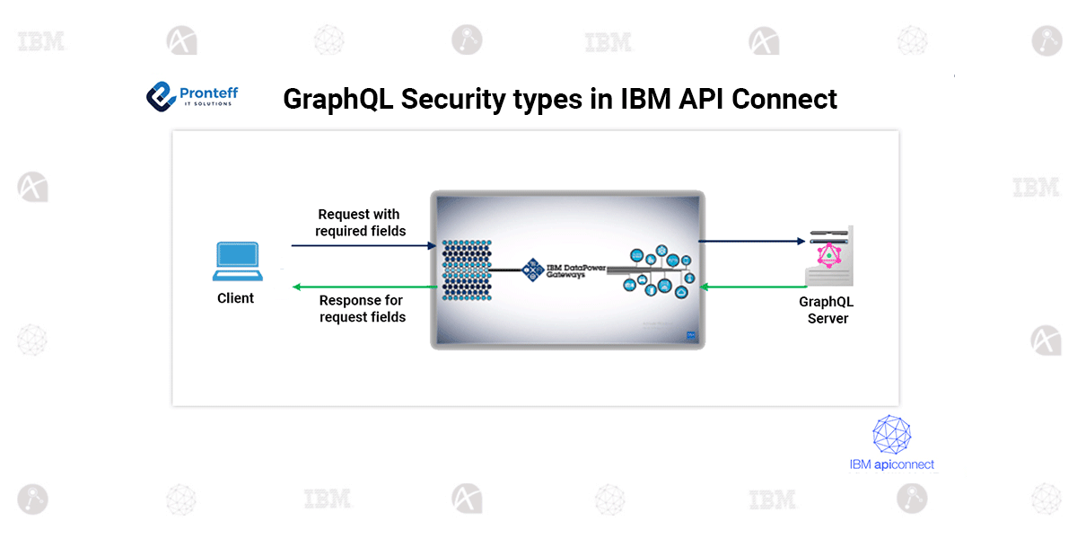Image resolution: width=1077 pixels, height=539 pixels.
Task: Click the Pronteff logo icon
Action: point(161,96)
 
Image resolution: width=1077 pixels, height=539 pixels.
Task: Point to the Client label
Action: point(236,298)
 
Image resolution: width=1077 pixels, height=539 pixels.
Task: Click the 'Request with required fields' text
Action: point(359,223)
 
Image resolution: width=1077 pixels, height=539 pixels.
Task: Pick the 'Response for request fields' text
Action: point(363,308)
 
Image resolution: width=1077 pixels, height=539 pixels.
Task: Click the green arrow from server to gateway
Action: point(750,287)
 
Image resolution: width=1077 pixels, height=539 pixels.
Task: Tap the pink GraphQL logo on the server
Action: point(829,257)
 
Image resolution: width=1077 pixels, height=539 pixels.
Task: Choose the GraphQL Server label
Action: point(827,310)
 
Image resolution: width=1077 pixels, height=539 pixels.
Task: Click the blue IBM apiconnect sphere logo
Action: point(891,435)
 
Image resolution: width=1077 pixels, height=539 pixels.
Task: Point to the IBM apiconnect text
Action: point(891,464)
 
